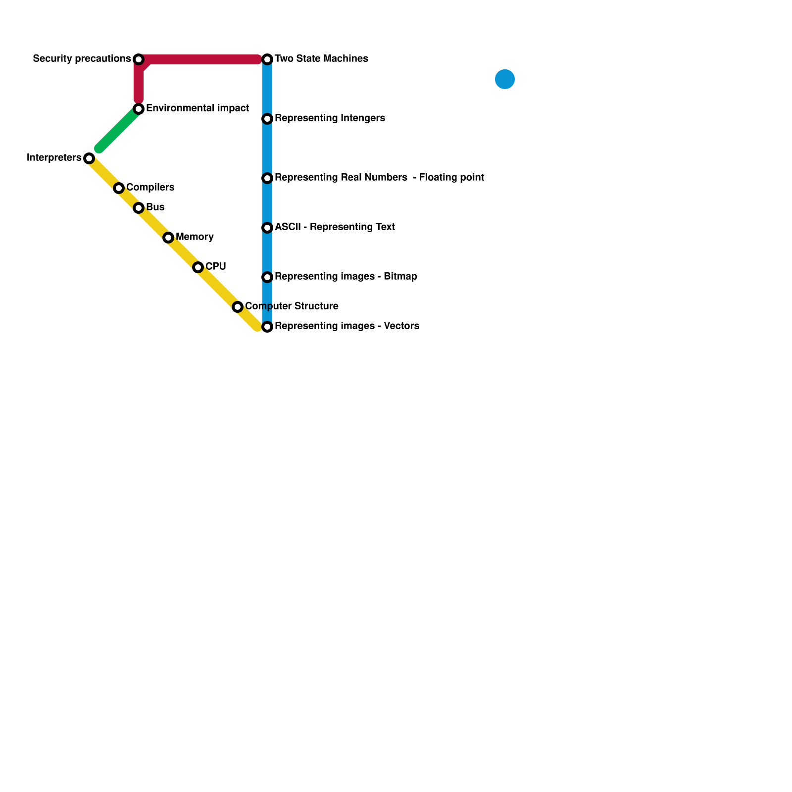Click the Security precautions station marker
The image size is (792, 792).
[x=139, y=59]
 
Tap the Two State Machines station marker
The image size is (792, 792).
[x=267, y=59]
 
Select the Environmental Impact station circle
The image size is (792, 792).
[x=139, y=109]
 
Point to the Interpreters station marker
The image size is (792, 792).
[x=89, y=158]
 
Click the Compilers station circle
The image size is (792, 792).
[x=119, y=188]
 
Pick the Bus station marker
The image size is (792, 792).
[x=139, y=208]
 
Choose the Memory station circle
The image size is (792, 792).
[x=168, y=238]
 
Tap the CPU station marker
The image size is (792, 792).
[x=198, y=267]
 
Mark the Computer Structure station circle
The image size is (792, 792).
[x=238, y=307]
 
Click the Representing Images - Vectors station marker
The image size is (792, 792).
[x=267, y=327]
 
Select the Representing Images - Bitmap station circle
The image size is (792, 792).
[x=267, y=277]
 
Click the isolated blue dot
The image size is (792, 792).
[x=505, y=79]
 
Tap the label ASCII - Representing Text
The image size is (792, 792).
[x=335, y=227]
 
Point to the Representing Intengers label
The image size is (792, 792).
[x=330, y=118]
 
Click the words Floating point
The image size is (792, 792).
[x=451, y=178]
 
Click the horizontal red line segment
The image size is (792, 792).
[x=203, y=59]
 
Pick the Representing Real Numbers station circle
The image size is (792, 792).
[x=267, y=178]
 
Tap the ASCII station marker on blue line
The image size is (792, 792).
[x=267, y=228]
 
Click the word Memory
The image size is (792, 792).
[x=195, y=237]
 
